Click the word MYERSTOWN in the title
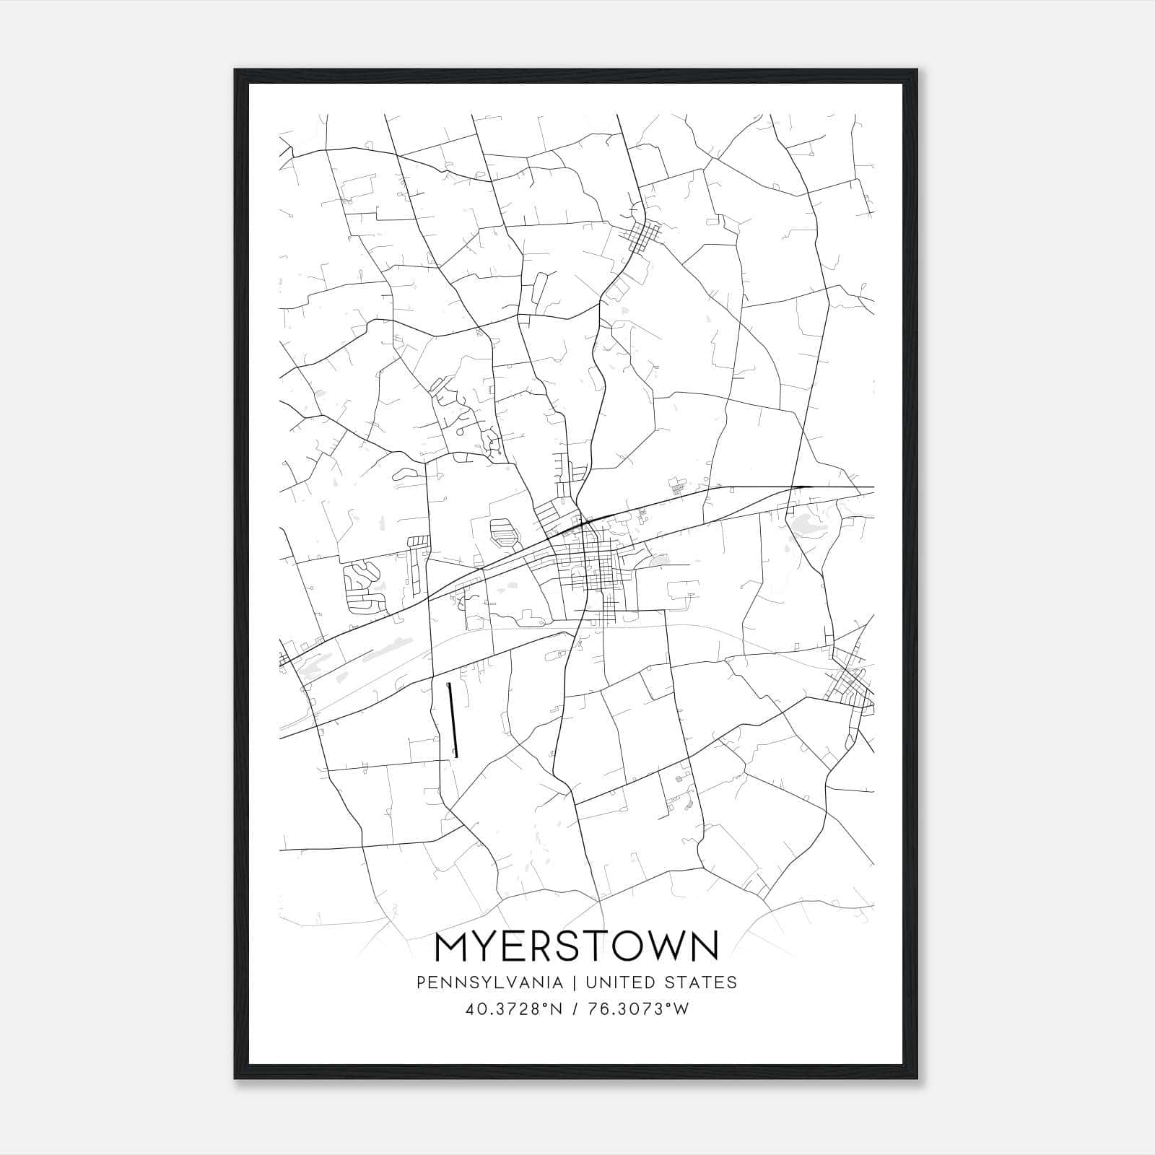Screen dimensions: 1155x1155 pyautogui.click(x=577, y=946)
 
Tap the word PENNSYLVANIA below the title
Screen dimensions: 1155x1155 pyautogui.click(x=479, y=982)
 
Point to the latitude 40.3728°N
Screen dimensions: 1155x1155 pyautogui.click(x=513, y=1009)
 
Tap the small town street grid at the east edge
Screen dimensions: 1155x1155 pyautogui.click(x=850, y=683)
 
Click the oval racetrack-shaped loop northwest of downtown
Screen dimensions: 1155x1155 pyautogui.click(x=504, y=533)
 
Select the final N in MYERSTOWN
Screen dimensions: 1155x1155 pyautogui.click(x=705, y=946)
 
